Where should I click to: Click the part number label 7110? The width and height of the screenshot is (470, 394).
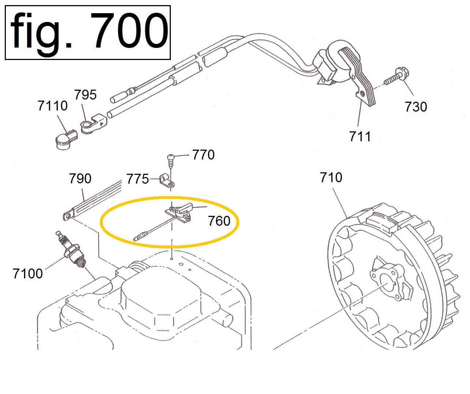click(52, 106)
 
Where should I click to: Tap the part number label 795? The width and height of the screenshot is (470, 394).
click(85, 94)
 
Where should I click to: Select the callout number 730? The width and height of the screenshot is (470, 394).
click(416, 107)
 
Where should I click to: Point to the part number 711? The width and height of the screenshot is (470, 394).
click(360, 136)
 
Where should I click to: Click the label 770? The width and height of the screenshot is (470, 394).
click(203, 155)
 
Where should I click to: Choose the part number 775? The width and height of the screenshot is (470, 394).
click(138, 179)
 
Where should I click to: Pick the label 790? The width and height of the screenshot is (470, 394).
click(80, 179)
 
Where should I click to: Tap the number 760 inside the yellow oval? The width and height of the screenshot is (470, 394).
click(219, 221)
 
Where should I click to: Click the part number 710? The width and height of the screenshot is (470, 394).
click(331, 177)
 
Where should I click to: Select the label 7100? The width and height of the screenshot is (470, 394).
click(28, 274)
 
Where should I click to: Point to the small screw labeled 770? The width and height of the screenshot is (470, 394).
click(171, 161)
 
